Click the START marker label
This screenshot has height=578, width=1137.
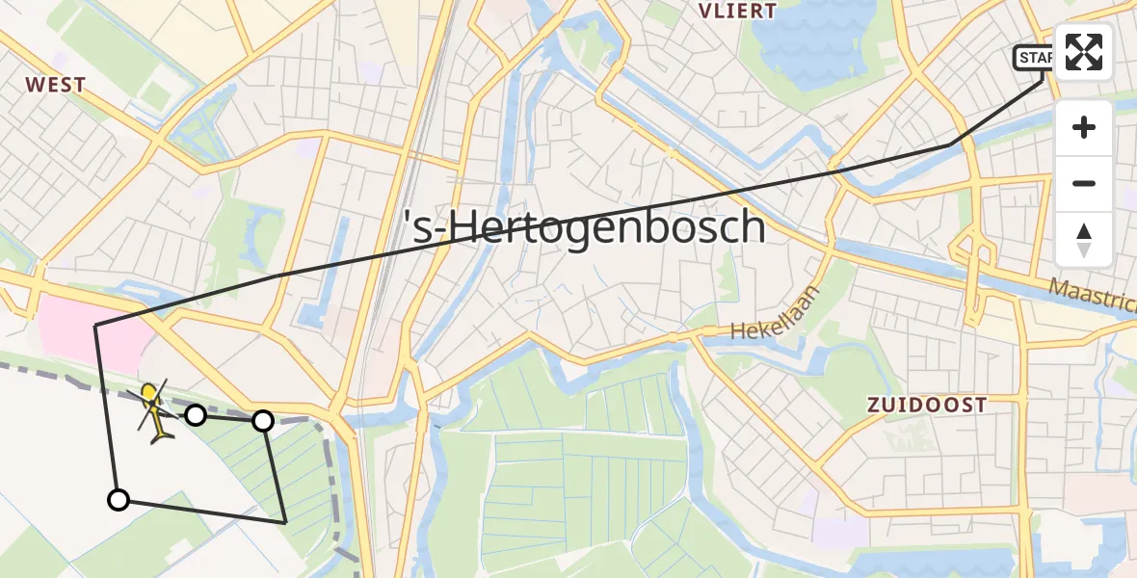1035,58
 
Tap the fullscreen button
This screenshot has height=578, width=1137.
1084,52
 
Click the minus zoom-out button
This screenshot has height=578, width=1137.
1084,184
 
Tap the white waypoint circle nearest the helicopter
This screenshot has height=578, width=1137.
196,415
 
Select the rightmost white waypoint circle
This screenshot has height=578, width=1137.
262,421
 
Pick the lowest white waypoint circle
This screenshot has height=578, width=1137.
118,499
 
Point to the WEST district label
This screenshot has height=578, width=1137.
56,85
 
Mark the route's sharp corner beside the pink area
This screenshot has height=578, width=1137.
95,327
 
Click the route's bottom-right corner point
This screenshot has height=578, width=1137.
285,521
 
